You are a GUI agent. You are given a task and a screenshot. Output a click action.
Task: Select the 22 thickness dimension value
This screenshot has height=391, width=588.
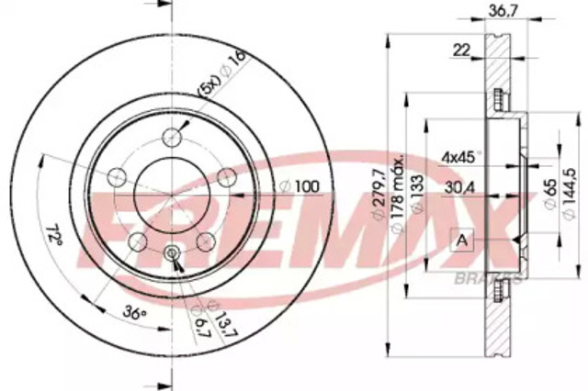[460, 51]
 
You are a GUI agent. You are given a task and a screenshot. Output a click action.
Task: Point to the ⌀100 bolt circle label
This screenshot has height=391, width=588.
[300, 187]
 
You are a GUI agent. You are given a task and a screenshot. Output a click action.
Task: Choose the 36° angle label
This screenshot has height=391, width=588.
[134, 313]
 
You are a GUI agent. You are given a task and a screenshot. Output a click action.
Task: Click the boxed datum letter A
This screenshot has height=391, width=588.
[461, 240]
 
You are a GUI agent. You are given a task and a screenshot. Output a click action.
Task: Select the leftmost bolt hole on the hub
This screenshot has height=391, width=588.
[117, 176]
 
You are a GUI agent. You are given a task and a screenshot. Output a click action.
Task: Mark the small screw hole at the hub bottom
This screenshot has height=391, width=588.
[173, 254]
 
